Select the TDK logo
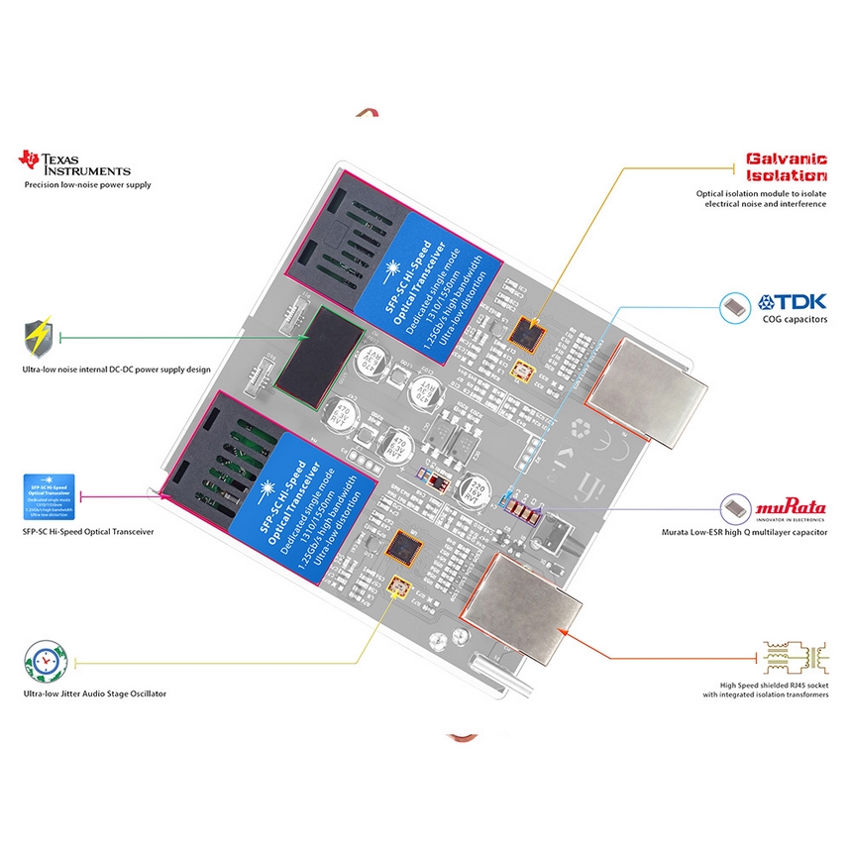792,303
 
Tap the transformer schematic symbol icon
788,658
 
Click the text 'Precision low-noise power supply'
88,184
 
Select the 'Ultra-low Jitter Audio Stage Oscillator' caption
94,693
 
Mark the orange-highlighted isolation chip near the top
528,333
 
